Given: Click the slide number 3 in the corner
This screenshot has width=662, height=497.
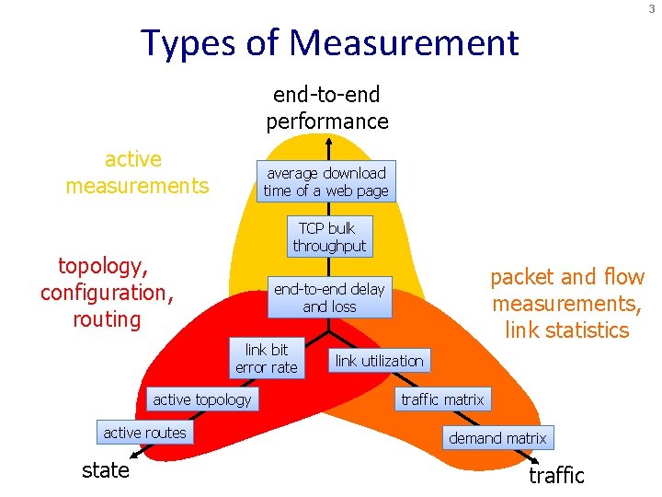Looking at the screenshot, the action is coord(651,8).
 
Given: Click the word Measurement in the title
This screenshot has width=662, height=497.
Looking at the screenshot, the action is coord(404,43).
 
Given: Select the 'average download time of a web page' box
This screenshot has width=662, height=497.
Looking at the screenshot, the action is coord(326,182).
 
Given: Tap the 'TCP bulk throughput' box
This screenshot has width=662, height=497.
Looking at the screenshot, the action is coord(328,237).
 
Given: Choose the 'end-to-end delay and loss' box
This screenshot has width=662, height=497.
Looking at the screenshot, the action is coord(329,297).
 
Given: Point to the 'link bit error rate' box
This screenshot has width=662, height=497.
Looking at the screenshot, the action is coord(266,359).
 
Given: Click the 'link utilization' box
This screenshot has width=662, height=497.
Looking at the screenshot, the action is coord(379,361).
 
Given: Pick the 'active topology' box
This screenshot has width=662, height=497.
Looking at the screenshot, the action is coord(201,399).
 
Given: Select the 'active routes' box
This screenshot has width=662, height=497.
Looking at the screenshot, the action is coord(144,433).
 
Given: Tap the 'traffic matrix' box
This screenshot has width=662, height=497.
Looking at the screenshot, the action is coord(442,399).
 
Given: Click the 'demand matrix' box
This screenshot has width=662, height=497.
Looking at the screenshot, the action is coord(497,438).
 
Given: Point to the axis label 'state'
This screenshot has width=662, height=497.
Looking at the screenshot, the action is coord(106,470).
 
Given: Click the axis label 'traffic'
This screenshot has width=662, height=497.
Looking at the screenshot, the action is coord(556,476).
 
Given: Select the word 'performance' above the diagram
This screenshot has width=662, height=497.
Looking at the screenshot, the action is coord(327,121).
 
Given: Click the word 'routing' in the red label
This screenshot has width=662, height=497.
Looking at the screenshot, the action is coord(107,319).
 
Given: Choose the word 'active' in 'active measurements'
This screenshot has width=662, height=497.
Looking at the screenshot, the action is coord(133,159).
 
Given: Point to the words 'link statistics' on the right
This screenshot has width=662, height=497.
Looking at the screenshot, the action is coord(567,329).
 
